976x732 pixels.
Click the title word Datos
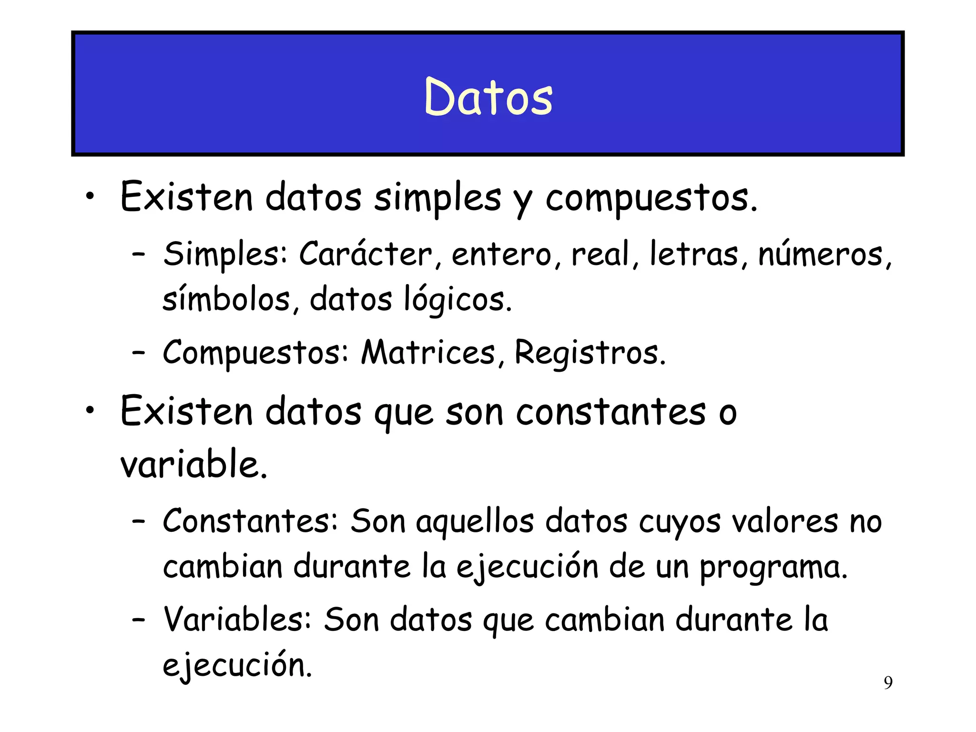(488, 97)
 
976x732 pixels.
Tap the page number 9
(888, 683)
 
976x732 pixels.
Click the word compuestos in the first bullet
(651, 198)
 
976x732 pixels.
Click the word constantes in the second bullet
(611, 412)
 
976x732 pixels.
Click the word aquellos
(475, 522)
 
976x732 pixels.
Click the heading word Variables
(237, 620)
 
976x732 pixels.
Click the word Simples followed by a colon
(225, 254)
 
